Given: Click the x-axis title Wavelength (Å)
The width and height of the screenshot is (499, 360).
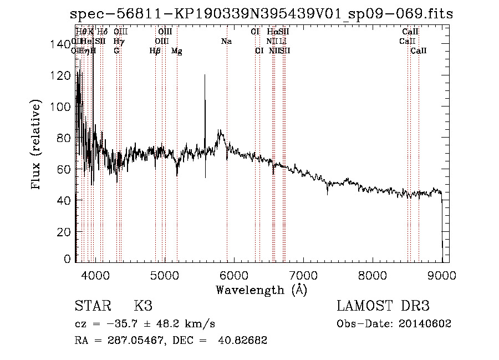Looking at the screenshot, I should pyautogui.click(x=261, y=290).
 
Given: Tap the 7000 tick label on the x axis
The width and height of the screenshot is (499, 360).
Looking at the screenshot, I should pyautogui.click(x=303, y=274).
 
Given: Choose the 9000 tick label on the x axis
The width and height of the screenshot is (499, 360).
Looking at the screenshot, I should pyautogui.click(x=442, y=274).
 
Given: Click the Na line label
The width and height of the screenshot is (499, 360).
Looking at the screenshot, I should pyautogui.click(x=226, y=42).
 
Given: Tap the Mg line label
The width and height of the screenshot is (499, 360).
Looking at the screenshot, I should pyautogui.click(x=176, y=51).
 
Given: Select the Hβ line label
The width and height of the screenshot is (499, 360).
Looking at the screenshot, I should pyautogui.click(x=155, y=51).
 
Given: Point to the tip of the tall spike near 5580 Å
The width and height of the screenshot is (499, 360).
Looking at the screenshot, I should pyautogui.click(x=205, y=75).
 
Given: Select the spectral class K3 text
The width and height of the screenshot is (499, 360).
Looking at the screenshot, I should pyautogui.click(x=143, y=306).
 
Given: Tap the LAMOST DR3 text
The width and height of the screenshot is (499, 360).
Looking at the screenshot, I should pyautogui.click(x=383, y=306).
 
